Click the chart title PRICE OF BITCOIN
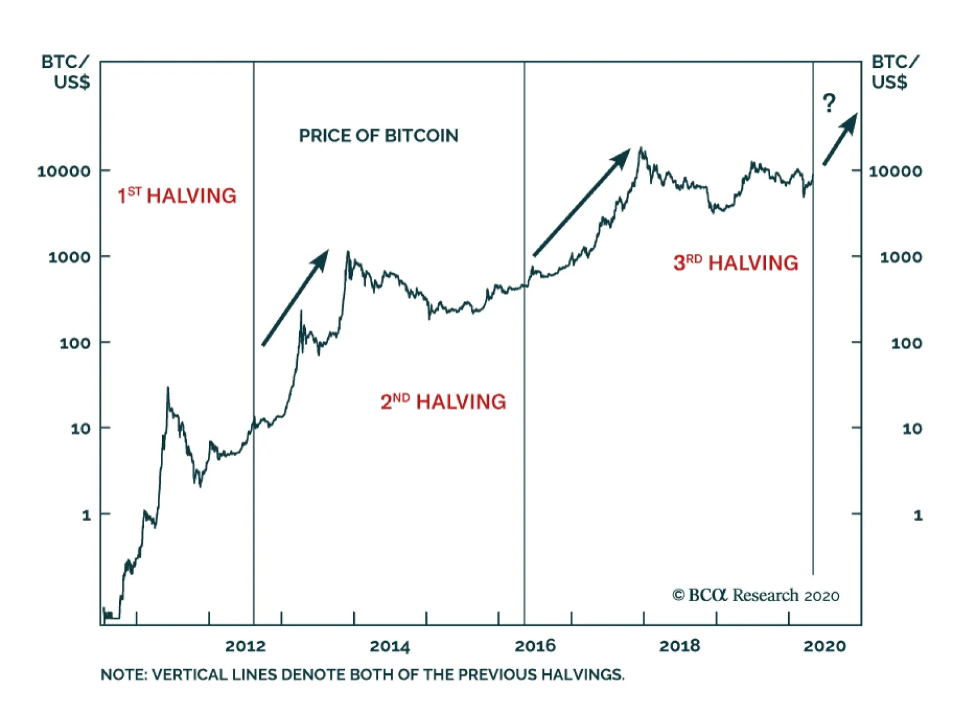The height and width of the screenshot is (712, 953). pos(378,136)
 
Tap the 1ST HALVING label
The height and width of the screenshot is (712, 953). pos(177,195)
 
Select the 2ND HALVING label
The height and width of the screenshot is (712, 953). pos(443,402)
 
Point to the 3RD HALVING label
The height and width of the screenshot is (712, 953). pos(736,263)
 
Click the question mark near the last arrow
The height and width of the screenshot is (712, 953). pos(829,104)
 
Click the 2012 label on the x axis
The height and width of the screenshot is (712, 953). pos(245,646)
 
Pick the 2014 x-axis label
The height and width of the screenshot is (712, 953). pos(390,646)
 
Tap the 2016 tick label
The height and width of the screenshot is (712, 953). pos(535,646)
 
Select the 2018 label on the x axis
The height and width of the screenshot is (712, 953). pos(680,646)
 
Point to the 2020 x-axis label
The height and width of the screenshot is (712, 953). pos(824,646)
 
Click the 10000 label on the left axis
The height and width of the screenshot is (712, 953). pos(64,172)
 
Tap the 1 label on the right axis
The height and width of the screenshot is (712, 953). pos(918,515)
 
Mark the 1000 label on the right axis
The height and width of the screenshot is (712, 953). pos(901,257)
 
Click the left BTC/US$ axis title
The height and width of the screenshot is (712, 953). pos(66,71)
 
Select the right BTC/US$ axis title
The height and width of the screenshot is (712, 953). pos(895,71)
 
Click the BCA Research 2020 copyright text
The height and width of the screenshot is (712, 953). pos(756,595)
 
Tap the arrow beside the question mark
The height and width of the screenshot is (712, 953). pos(840,139)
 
